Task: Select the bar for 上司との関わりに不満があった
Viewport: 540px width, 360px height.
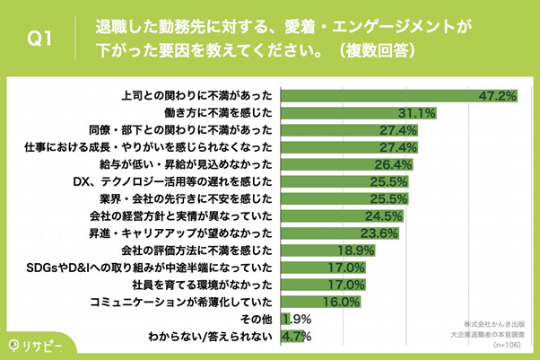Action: click(x=386, y=94)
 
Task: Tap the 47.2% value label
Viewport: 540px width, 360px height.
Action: click(x=495, y=95)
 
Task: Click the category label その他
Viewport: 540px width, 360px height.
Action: click(x=254, y=320)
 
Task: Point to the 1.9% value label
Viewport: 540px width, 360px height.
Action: click(x=299, y=320)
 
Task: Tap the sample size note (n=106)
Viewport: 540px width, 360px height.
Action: click(x=508, y=345)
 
